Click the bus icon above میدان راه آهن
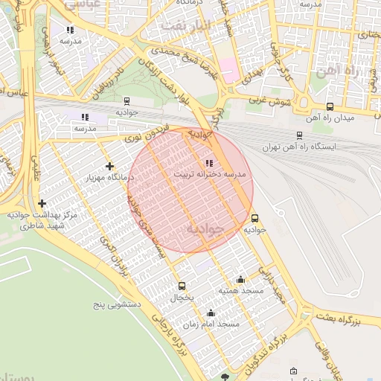point(330,106)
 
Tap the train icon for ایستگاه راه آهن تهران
point(299,135)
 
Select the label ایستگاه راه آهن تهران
point(299,147)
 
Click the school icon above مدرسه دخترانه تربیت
point(209,163)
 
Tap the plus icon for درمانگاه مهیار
point(110,166)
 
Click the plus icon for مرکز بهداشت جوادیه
point(42,203)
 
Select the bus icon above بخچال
point(182,286)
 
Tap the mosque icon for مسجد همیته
point(241,278)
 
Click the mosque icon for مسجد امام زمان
point(211,313)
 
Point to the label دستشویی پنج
point(115,305)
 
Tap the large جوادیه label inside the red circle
point(205,227)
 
